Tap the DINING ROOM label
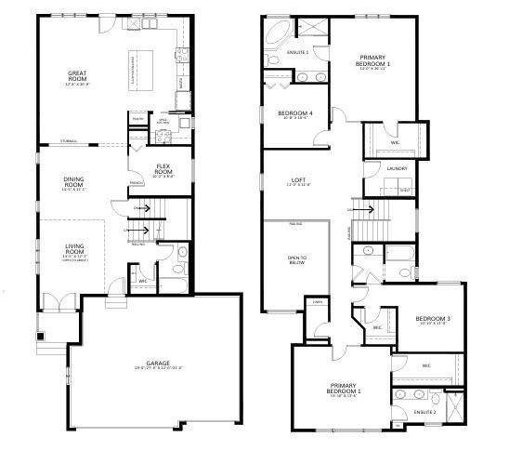[x=74, y=182]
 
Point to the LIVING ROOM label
[x=74, y=248]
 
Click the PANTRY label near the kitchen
[x=137, y=119]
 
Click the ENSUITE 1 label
[x=298, y=52]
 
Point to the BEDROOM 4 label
[x=295, y=114]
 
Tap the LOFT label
[x=298, y=180]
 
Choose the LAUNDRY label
[x=398, y=168]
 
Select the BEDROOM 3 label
[x=433, y=319]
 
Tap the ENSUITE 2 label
[x=424, y=410]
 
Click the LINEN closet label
[x=317, y=302]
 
